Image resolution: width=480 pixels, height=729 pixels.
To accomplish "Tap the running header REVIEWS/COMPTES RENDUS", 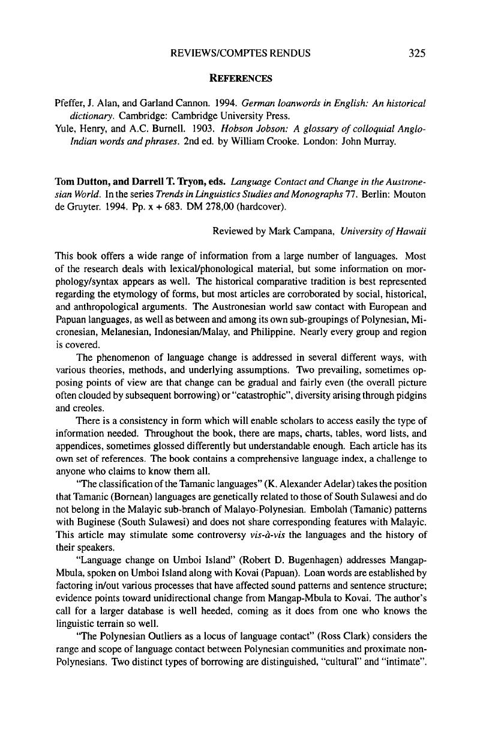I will pos(241,53).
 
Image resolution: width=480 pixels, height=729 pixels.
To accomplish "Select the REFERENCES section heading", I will pos(240,78).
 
